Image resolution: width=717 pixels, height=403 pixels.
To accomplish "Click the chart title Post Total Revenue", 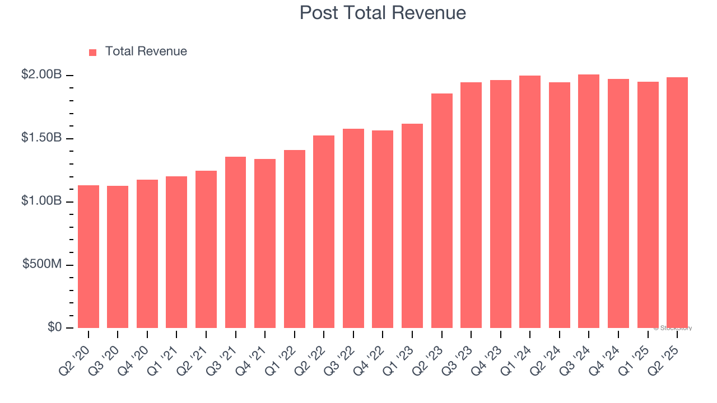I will click(383, 13).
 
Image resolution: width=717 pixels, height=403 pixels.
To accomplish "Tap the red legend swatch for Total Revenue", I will click(93, 52).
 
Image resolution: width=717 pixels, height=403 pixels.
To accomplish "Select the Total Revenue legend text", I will click(146, 51).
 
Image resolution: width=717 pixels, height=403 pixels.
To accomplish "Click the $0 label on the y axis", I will click(54, 327).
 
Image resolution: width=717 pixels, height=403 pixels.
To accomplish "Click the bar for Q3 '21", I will click(235, 242).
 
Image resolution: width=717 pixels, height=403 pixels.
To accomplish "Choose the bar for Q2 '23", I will click(441, 210).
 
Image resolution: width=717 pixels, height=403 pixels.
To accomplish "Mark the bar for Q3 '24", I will click(589, 201).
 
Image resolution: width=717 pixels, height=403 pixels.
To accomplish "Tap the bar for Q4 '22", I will click(383, 229).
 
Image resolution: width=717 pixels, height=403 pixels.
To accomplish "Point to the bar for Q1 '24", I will click(530, 201).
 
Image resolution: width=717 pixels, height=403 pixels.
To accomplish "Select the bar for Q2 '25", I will click(677, 203).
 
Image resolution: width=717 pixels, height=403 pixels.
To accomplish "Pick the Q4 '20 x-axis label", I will click(134, 352).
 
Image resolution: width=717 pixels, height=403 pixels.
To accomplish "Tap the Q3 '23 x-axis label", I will click(458, 352).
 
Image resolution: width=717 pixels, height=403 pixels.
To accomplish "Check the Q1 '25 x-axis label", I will click(634, 352).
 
